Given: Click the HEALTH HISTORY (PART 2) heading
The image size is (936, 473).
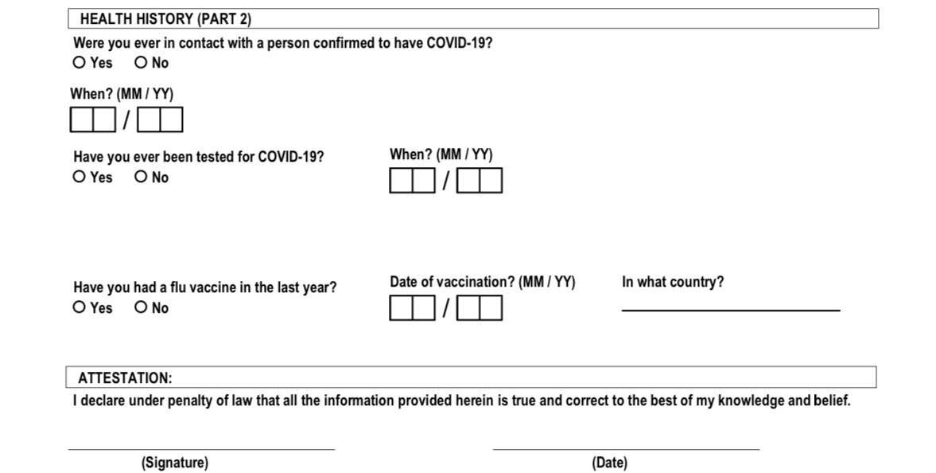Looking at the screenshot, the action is (x=165, y=19).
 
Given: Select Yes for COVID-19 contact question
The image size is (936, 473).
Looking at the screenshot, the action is (x=80, y=62).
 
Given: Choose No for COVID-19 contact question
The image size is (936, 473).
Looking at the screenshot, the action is (x=141, y=62).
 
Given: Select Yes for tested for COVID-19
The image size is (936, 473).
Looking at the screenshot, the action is (x=80, y=177).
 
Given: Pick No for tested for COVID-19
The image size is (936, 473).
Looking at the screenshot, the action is (x=141, y=177).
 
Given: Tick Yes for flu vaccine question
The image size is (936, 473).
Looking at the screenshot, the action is (x=80, y=307).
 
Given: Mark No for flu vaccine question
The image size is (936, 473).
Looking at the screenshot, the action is (x=141, y=307).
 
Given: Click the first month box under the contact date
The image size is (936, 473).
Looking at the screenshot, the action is (x=82, y=119).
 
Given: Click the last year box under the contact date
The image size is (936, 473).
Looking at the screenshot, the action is (x=171, y=119).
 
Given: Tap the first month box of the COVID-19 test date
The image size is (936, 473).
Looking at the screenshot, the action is (x=402, y=182).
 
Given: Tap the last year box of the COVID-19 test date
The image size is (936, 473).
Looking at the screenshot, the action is (x=491, y=182).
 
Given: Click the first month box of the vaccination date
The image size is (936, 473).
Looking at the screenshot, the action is (x=402, y=308).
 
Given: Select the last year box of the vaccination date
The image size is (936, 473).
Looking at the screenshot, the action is (x=491, y=308).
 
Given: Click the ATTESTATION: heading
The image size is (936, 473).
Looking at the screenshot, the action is (x=125, y=378).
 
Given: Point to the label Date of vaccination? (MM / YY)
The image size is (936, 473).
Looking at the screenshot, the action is (x=482, y=282).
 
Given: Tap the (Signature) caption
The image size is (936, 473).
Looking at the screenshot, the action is (x=175, y=463).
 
